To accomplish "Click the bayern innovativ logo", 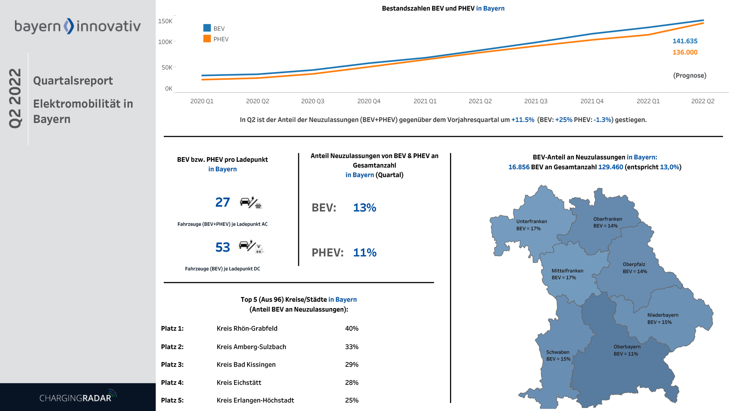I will (x=77, y=26).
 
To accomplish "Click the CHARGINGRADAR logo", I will (x=78, y=397).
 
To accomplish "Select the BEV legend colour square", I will (x=207, y=28).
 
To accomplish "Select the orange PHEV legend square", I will (x=207, y=38).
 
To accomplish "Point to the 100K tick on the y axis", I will (x=165, y=42).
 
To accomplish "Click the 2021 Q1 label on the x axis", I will (x=425, y=101).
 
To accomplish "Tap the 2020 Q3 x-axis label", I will (x=313, y=101).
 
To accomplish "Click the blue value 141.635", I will (x=685, y=41).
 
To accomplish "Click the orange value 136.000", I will (x=685, y=52).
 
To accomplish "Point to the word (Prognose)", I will (x=689, y=76).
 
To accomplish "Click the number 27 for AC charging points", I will (x=222, y=202).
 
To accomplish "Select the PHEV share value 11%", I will (x=365, y=253).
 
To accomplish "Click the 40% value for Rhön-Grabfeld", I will (x=351, y=329).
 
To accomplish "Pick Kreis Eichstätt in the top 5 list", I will (x=239, y=383).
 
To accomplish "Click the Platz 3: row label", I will (x=172, y=365).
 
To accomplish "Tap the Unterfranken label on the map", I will (x=531, y=222).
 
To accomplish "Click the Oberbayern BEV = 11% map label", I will (x=627, y=350).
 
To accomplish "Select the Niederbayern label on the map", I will (x=663, y=315).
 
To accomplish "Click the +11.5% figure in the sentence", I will (x=523, y=120).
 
